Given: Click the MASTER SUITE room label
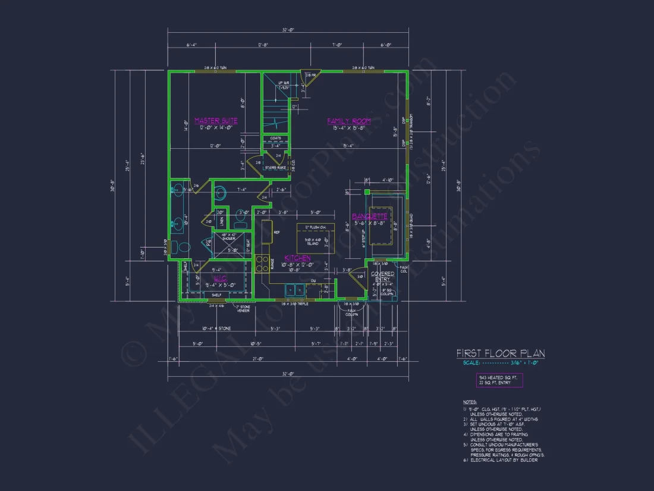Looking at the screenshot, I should pyautogui.click(x=216, y=121).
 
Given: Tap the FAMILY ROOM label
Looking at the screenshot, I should pyautogui.click(x=349, y=121).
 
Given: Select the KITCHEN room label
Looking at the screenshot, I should pyautogui.click(x=298, y=258).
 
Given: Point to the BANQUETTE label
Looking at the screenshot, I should pyautogui.click(x=370, y=216).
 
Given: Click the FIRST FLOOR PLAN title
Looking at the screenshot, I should pyautogui.click(x=500, y=354).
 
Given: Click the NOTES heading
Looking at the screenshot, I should pyautogui.click(x=470, y=402).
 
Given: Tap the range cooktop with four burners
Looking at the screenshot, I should pyautogui.click(x=262, y=264).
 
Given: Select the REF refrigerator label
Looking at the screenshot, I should pyautogui.click(x=276, y=232).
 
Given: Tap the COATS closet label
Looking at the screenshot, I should pyautogui.click(x=275, y=139).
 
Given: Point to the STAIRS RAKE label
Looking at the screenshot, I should pyautogui.click(x=276, y=168).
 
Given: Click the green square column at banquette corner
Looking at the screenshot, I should pyautogui.click(x=366, y=192).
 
